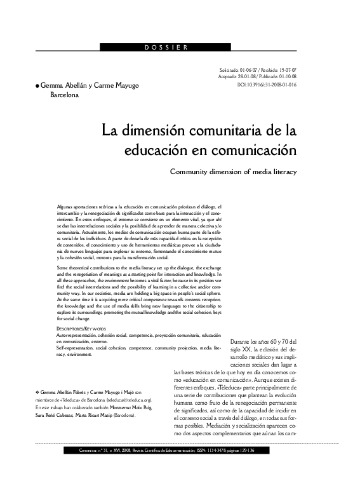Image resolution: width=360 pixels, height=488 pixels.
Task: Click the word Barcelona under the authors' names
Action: click(65, 96)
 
